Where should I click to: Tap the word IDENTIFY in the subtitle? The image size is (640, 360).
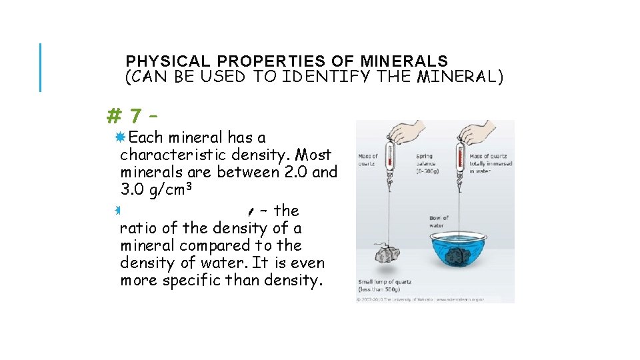pos(325,77)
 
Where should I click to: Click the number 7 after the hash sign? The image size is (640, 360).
pos(135,117)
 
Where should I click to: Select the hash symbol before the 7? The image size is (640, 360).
pos(113,117)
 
